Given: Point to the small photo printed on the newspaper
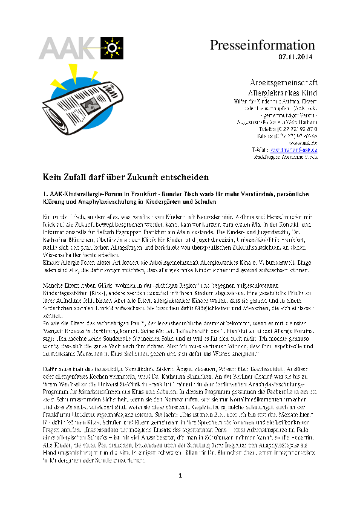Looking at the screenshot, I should pyautogui.click(x=91, y=107).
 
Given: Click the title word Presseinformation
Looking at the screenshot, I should pyautogui.click(x=263, y=45).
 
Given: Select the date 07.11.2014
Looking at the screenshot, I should pyautogui.click(x=296, y=57).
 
